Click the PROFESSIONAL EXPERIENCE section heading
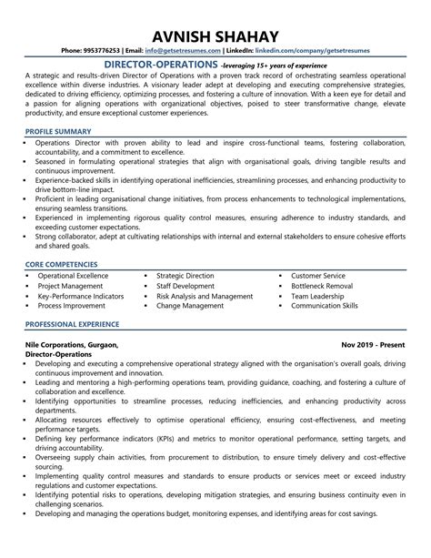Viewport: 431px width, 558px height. pyautogui.click(x=73, y=323)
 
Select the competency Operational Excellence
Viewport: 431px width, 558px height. pyautogui.click(x=73, y=275)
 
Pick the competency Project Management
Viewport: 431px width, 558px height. pyautogui.click(x=70, y=286)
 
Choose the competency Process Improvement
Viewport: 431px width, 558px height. pyautogui.click(x=72, y=308)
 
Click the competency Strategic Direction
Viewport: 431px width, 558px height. pyautogui.click(x=185, y=275)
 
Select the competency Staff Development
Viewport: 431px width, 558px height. pyautogui.click(x=185, y=286)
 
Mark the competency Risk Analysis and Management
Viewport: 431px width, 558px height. pyautogui.click(x=205, y=297)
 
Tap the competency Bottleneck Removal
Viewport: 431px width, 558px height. pyautogui.click(x=323, y=286)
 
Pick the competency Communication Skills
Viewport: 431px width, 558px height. pyautogui.click(x=325, y=308)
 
